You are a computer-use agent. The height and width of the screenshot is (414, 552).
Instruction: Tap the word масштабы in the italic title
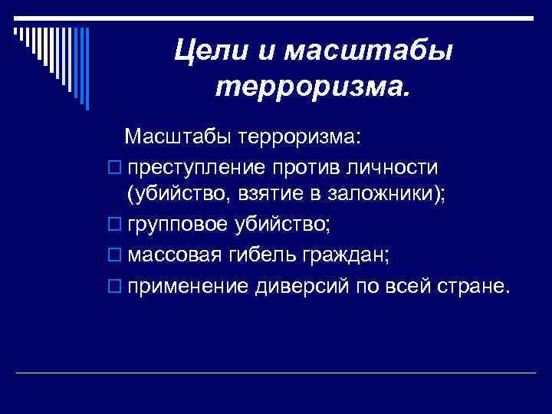369,51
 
